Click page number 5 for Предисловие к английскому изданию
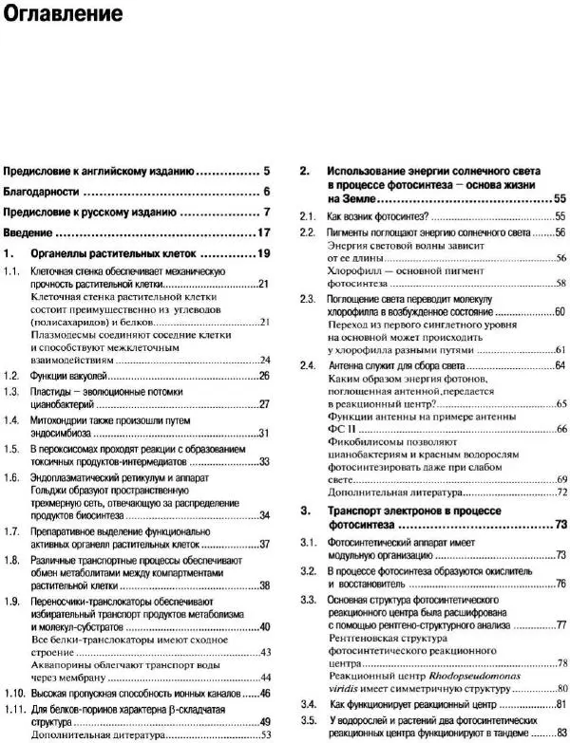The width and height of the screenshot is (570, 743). [x=267, y=172]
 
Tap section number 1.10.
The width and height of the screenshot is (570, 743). [x=14, y=694]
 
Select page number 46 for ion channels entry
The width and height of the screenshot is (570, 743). [x=265, y=694]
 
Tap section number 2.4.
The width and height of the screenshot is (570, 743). [x=307, y=365]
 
